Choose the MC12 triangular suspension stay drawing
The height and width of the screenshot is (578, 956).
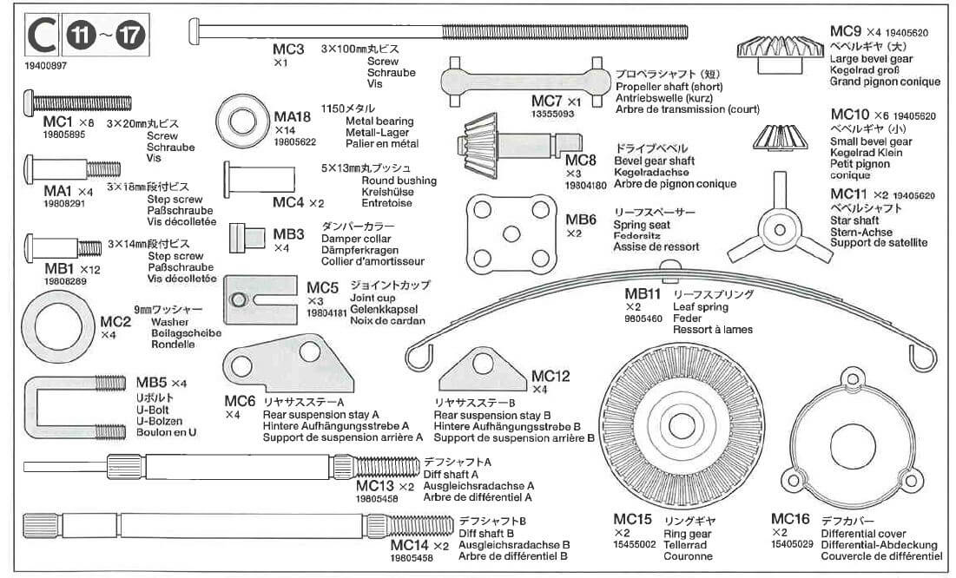[483, 372]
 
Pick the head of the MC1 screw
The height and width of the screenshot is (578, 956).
[28, 104]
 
